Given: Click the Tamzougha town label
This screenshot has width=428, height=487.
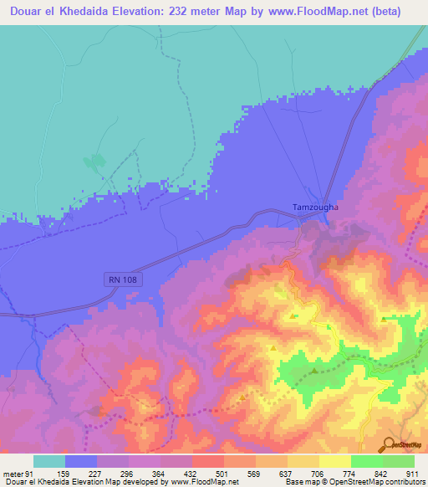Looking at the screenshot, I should (x=313, y=208).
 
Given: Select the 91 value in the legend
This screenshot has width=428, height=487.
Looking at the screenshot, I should (x=30, y=474).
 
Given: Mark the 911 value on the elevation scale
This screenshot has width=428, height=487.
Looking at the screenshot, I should (x=415, y=474).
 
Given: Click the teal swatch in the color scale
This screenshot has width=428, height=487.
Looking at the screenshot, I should (x=49, y=461).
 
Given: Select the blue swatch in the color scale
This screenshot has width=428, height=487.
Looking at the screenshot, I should (x=81, y=461).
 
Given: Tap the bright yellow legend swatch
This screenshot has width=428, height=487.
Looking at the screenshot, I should (x=335, y=461).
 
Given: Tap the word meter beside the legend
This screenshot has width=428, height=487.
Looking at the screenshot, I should (x=13, y=474).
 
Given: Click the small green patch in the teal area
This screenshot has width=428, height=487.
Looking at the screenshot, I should (x=96, y=161).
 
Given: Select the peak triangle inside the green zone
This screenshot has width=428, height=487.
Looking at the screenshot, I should (x=313, y=371).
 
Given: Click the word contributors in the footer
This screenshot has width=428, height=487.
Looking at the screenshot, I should (x=404, y=482).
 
